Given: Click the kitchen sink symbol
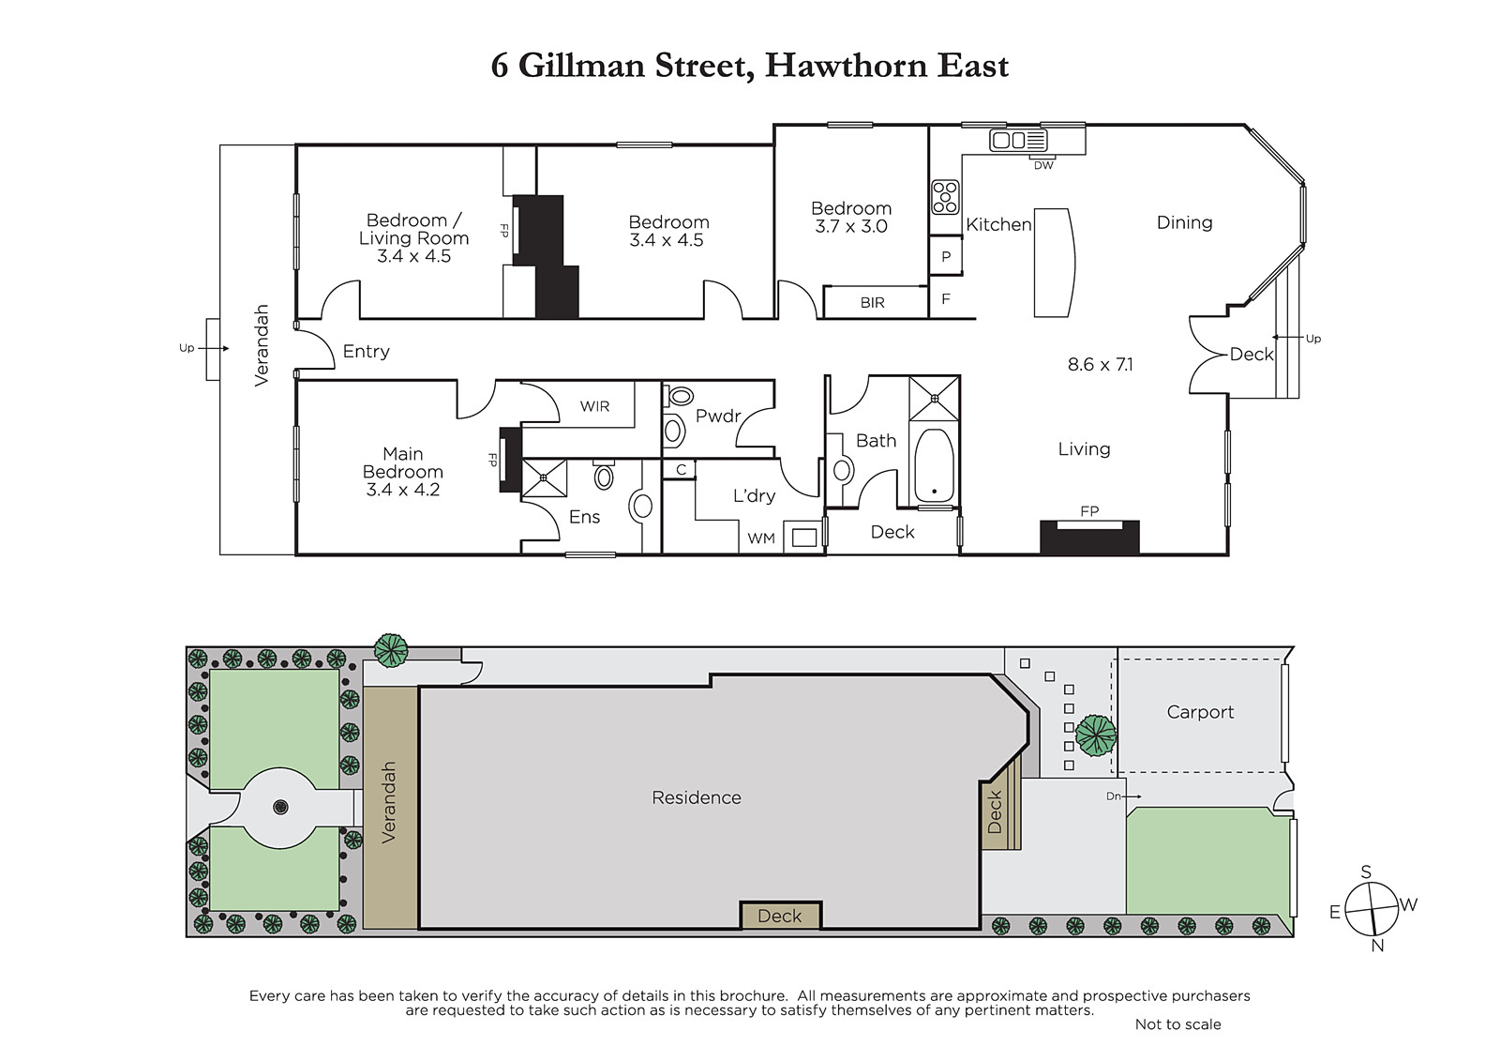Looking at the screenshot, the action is (1018, 140).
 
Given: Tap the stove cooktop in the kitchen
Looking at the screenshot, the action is (945, 197).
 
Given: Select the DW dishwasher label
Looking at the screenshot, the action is (1043, 165).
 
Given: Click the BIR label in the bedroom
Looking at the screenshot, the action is (873, 303).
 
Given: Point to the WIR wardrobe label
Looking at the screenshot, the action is (594, 406).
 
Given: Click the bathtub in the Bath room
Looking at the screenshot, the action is (934, 465).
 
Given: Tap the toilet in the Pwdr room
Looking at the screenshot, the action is (680, 396).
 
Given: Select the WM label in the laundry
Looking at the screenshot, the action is (761, 538).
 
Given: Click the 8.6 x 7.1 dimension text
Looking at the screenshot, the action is (1101, 365).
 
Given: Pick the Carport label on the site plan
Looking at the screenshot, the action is (1200, 712).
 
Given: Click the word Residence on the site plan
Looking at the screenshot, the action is (697, 797).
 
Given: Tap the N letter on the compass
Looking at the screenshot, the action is (1377, 946).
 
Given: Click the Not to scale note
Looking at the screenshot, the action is (1177, 1024).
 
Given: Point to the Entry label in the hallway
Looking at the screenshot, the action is (366, 352).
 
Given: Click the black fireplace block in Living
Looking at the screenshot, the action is (1089, 538).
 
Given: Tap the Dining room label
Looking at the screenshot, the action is (1185, 222).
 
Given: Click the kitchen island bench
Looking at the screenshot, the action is (1054, 263).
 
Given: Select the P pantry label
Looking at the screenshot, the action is (946, 257).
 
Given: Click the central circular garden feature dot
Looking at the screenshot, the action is (280, 807).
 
